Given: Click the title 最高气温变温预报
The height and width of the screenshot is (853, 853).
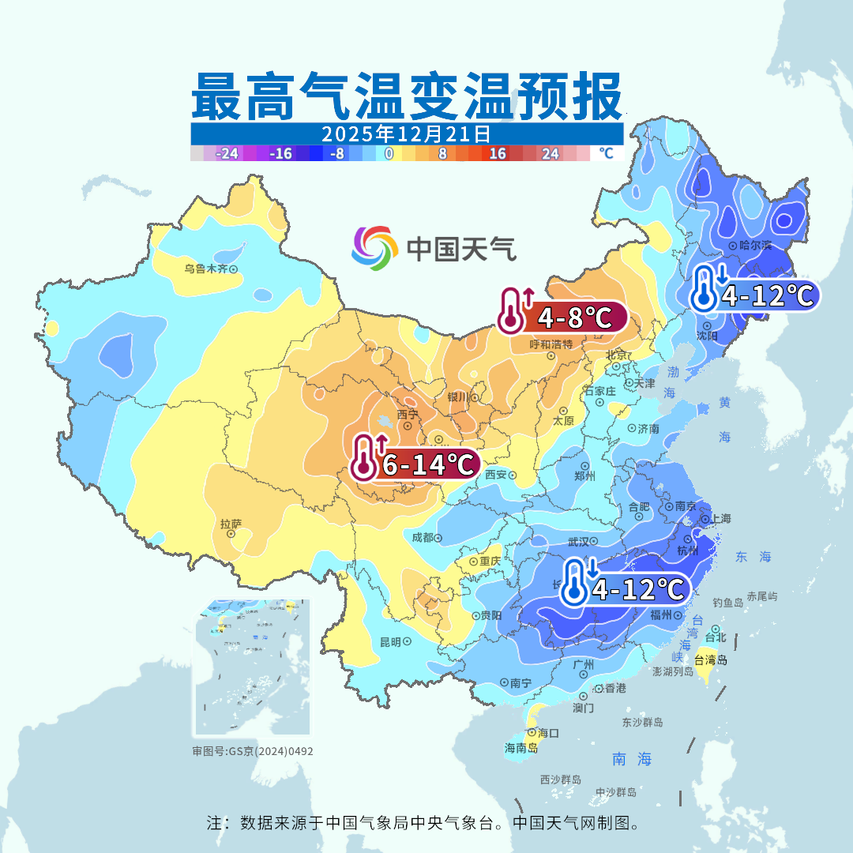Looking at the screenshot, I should (407, 96).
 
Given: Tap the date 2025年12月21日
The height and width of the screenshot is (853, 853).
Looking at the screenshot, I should (407, 133).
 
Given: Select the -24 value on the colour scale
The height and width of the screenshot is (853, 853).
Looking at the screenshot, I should (227, 154).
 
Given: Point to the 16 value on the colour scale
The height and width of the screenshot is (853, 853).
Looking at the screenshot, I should (498, 154).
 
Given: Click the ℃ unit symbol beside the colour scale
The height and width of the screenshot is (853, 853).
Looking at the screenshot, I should (606, 153).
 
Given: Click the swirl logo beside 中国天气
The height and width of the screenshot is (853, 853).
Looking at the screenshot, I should (374, 247).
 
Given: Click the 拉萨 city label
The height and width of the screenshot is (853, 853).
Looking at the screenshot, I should (231, 524).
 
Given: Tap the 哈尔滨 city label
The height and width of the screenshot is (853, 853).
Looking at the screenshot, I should (754, 246).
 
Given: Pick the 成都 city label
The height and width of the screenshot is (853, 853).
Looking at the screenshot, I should (423, 537).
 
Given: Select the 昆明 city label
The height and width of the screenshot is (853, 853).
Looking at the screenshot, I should (390, 641).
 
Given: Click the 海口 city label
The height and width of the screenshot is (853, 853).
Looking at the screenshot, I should (548, 733).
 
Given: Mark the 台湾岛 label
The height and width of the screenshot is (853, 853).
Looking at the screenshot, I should (711, 659).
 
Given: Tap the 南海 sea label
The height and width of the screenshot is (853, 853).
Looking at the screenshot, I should (633, 759).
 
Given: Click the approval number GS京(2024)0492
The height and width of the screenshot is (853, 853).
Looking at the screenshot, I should (252, 751).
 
